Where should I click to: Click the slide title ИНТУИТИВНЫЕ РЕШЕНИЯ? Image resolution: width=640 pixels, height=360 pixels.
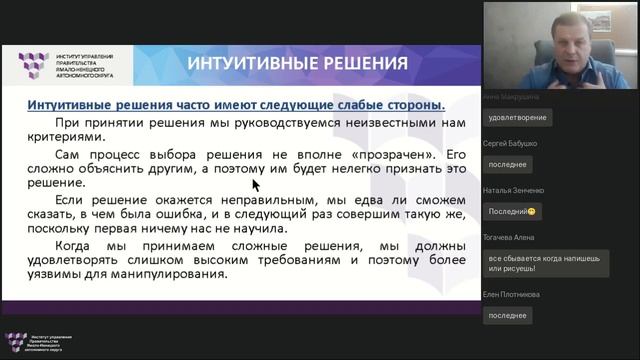[x=298, y=64]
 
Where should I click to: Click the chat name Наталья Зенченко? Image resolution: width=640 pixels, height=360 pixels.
[x=513, y=189]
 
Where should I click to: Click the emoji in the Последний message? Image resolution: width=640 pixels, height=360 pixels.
[x=533, y=211]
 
